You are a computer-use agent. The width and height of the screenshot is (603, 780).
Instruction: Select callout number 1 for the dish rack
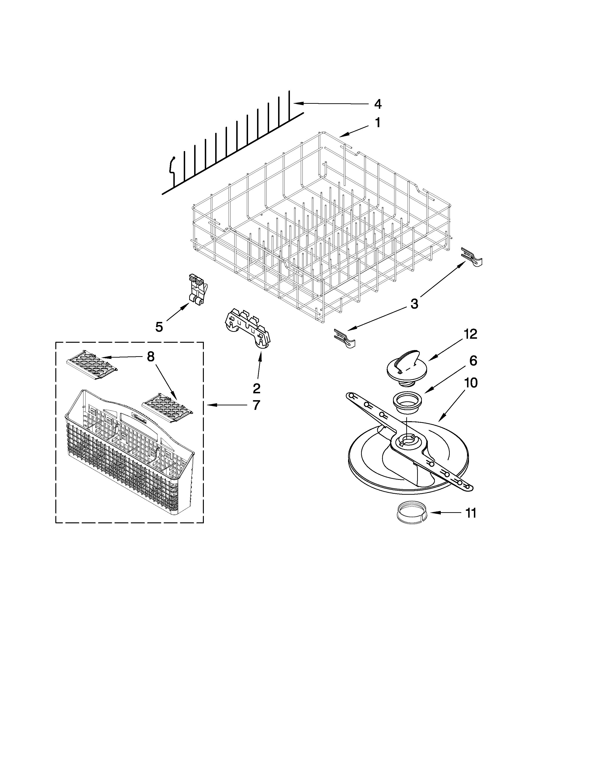click(377, 123)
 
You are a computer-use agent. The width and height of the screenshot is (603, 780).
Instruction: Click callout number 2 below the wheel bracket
click(257, 388)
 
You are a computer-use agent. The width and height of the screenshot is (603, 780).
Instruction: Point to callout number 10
click(471, 383)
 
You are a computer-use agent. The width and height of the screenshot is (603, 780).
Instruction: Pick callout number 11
click(471, 513)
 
